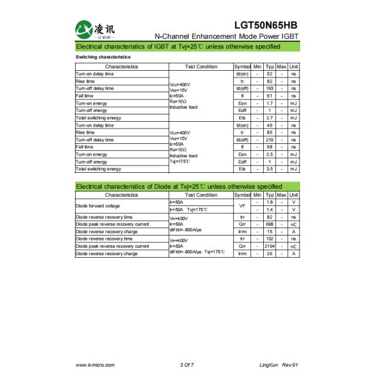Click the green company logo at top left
(x=86, y=28)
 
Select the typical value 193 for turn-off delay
(x=269, y=89)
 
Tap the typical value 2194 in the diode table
(x=269, y=246)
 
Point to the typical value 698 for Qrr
(x=269, y=224)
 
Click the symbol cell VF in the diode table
(x=242, y=206)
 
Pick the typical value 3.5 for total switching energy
(x=269, y=169)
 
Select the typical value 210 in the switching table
(x=269, y=140)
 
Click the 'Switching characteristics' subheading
(x=103, y=57)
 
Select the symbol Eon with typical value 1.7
(x=242, y=103)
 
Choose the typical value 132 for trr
(x=269, y=239)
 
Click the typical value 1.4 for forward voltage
(x=269, y=210)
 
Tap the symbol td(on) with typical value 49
(x=242, y=125)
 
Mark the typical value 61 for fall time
(x=269, y=96)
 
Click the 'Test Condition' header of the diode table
(x=200, y=195)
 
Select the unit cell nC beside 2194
(x=294, y=246)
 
